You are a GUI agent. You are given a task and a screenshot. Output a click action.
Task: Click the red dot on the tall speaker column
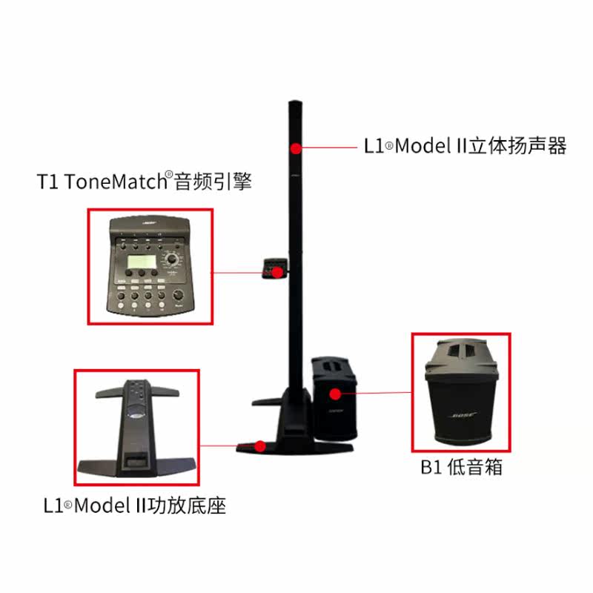(x=296, y=148)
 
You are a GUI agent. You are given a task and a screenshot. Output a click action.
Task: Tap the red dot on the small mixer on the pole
(x=277, y=272)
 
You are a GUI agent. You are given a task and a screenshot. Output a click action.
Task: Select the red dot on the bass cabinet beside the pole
(x=335, y=394)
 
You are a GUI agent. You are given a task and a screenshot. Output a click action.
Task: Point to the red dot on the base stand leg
(x=260, y=447)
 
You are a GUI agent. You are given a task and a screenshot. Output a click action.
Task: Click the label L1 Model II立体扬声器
(x=465, y=146)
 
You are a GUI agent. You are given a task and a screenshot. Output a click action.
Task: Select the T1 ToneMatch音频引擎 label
(x=144, y=181)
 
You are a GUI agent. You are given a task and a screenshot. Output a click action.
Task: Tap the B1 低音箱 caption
(x=461, y=467)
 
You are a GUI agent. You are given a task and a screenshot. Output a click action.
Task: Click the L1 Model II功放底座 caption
(x=135, y=506)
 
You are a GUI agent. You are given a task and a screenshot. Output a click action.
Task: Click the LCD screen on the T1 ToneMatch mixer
(x=142, y=262)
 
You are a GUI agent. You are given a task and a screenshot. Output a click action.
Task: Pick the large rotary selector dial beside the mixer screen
(x=172, y=259)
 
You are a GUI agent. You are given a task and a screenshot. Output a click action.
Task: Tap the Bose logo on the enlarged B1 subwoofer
(x=463, y=416)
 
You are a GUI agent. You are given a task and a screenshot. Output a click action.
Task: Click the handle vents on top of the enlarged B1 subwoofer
(x=460, y=351)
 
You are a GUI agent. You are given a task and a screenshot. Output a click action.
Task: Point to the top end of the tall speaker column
(x=295, y=102)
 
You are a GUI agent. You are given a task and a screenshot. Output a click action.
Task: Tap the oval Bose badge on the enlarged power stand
(x=136, y=416)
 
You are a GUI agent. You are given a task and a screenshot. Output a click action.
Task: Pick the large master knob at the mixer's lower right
(x=178, y=294)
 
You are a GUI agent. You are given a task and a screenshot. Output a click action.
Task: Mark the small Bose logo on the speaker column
(x=295, y=176)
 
